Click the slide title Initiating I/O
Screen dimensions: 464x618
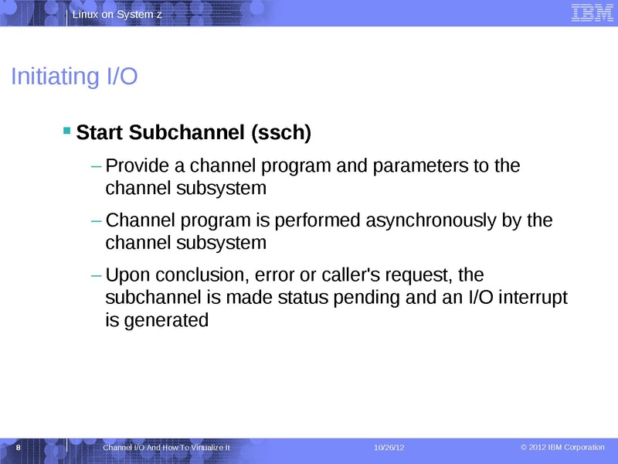click(74, 77)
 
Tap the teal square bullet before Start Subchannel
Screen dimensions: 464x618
click(66, 130)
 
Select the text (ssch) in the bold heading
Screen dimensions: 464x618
click(281, 134)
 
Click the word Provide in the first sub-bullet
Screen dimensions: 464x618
click(135, 166)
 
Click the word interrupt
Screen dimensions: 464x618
click(530, 297)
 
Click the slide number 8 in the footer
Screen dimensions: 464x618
click(18, 449)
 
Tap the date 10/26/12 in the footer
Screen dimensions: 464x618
click(389, 449)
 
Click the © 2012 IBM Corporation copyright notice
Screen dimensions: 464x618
click(562, 448)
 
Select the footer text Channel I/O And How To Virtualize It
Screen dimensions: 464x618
click(167, 449)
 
